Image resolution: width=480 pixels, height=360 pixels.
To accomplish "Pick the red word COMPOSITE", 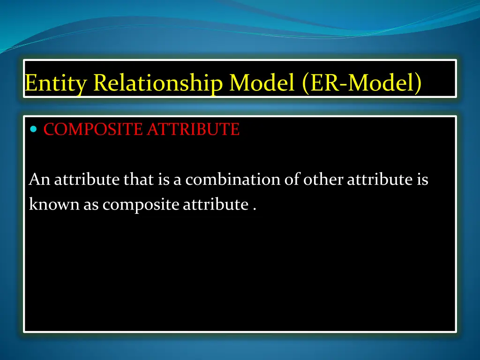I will (x=93, y=129).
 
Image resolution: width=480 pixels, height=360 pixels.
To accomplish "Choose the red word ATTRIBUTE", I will (x=193, y=129).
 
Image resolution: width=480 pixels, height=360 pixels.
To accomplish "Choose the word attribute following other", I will (x=380, y=180).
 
